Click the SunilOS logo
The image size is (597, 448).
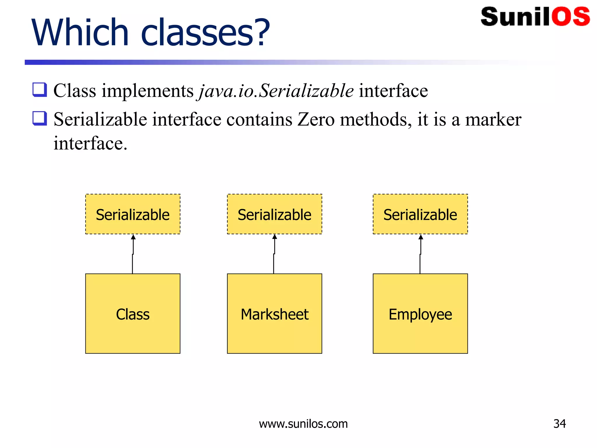coord(535,17)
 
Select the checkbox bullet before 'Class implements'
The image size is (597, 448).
coord(40,90)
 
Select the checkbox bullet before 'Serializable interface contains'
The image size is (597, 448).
coord(40,118)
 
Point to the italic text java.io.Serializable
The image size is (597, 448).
coord(276,91)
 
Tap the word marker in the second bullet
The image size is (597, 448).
coord(493,120)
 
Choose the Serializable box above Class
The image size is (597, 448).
coord(133,214)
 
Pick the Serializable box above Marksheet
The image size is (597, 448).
coord(274,214)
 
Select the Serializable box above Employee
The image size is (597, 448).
coord(420,214)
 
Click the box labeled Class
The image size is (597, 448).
coord(133,314)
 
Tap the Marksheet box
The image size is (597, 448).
coord(274,314)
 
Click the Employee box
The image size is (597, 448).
coord(420,314)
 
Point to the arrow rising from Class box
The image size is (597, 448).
coord(133,254)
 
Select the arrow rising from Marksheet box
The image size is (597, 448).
coord(274,254)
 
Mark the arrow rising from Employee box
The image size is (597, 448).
coord(420,254)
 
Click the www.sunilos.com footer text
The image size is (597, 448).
coord(303,424)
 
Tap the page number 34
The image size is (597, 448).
coord(559,424)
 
